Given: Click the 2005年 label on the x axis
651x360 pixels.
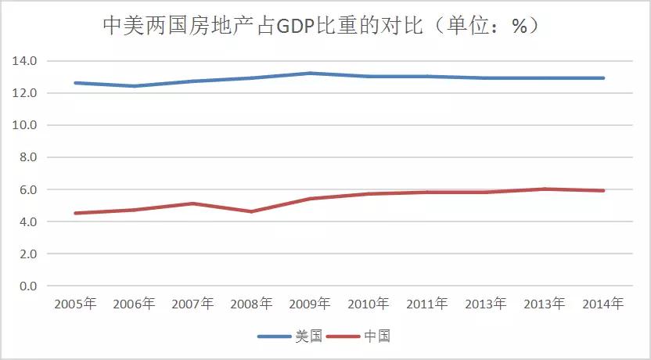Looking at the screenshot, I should click(75, 304).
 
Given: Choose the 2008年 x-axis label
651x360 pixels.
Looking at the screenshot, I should click(251, 304).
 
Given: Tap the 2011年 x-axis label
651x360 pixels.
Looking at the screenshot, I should click(427, 304).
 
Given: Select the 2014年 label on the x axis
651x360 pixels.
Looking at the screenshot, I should click(603, 304).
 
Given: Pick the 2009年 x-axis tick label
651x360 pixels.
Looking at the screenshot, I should click(310, 304).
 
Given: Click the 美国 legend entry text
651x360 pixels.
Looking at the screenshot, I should click(308, 337).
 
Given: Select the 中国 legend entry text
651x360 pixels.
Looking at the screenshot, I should click(376, 337).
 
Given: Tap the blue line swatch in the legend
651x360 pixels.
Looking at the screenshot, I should click(274, 337).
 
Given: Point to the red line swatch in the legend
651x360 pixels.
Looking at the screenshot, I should click(343, 337).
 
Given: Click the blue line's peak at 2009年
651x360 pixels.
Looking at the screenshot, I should click(310, 74).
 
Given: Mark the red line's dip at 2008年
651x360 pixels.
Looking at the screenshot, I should click(251, 211).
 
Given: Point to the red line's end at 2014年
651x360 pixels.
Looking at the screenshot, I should click(603, 190).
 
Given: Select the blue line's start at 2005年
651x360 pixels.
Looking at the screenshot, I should click(75, 83).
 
